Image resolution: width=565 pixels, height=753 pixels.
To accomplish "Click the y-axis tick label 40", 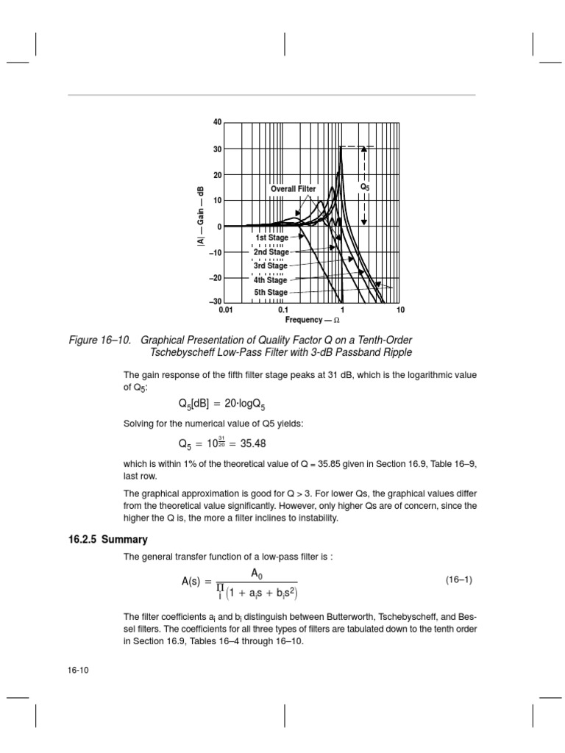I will tap(217, 121).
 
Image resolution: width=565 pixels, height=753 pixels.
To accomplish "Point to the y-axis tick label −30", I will tap(215, 302).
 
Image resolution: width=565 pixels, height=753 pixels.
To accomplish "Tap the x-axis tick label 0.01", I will tap(226, 311).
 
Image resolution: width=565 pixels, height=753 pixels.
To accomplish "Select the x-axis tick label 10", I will tap(400, 311).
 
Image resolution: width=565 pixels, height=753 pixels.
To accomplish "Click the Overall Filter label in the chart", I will tap(293, 189).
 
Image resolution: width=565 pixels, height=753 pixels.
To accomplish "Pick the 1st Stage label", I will tap(271, 238).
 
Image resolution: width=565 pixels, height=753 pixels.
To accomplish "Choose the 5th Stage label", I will tap(271, 293).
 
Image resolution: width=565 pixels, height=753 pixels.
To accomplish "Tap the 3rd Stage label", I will tap(271, 265).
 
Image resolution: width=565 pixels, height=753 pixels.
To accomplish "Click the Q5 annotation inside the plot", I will tap(364, 188).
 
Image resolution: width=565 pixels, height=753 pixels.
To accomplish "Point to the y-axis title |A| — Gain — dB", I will tap(199, 215).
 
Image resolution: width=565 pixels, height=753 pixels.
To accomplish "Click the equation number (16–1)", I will tap(459, 580).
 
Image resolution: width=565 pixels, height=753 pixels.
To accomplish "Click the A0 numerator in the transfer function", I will tap(257, 573).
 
